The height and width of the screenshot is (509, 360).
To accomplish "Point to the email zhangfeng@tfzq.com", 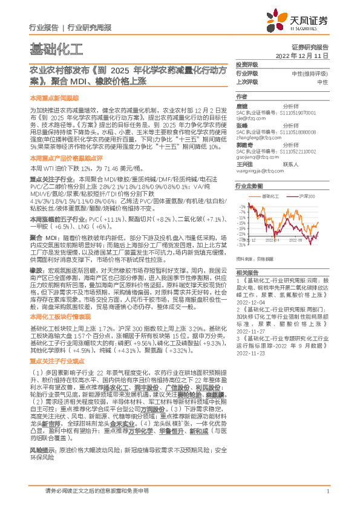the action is (257, 138).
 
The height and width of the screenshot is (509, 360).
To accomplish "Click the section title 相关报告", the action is (246, 256).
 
